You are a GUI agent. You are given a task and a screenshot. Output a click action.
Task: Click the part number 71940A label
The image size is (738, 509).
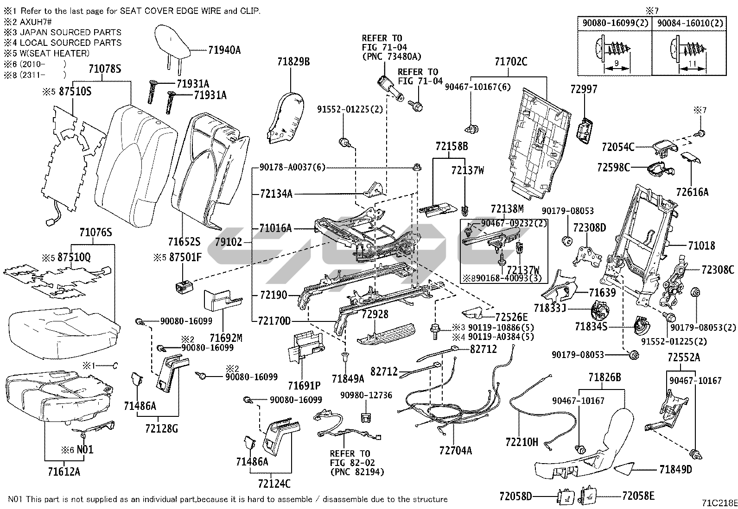(x=224, y=50)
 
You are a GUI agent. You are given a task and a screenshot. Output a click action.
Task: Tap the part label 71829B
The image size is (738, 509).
(x=293, y=62)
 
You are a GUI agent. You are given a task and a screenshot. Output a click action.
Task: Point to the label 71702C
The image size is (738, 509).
(x=511, y=62)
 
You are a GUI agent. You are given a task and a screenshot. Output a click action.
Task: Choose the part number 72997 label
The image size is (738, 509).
(x=584, y=89)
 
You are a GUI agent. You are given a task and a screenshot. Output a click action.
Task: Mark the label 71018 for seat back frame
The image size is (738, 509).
(x=701, y=245)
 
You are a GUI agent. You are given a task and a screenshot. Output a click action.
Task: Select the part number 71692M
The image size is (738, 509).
(x=226, y=339)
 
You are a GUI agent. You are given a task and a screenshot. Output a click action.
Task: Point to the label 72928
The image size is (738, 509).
(x=375, y=314)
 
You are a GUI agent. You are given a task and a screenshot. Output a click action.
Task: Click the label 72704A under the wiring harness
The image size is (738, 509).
(x=455, y=450)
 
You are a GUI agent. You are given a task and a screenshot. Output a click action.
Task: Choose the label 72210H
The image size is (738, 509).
(x=522, y=442)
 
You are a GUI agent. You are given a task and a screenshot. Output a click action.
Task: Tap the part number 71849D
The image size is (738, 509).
(x=675, y=469)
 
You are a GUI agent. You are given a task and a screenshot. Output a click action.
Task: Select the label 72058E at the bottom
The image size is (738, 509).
(x=638, y=496)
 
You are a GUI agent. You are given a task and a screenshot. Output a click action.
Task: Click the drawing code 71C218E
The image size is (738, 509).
(x=719, y=503)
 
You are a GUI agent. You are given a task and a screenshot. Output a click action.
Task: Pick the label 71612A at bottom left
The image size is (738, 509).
(x=64, y=471)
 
